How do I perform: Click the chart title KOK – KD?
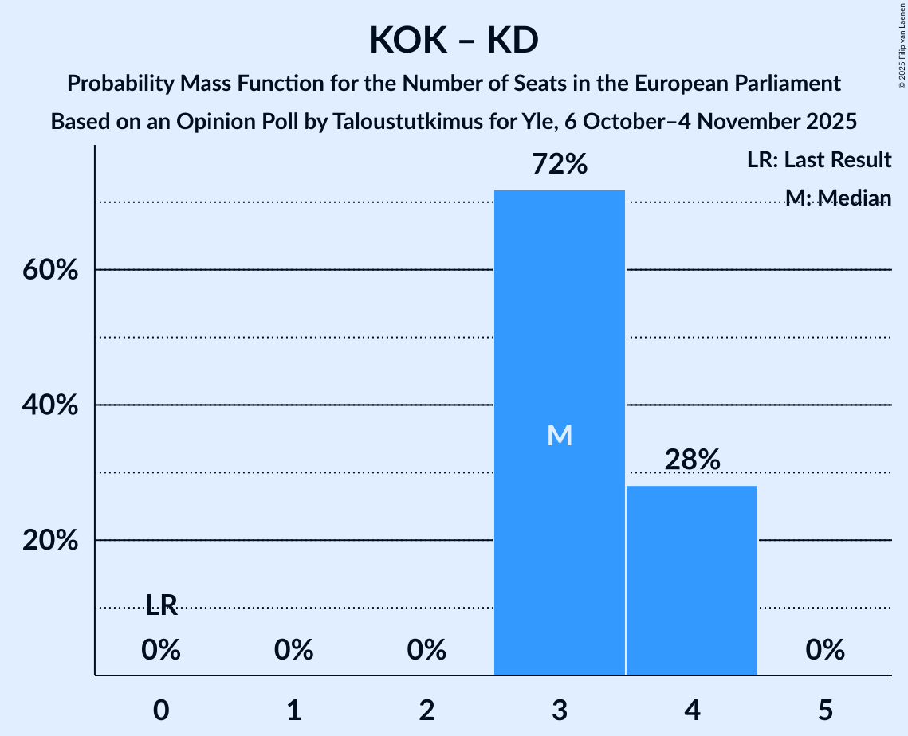(454, 41)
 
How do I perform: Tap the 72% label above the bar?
(560, 165)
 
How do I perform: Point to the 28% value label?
(692, 460)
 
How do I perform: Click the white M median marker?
(560, 435)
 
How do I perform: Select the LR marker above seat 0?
(161, 606)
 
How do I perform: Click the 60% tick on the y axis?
(49, 270)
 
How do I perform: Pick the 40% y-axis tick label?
(49, 405)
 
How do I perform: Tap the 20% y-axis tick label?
(49, 541)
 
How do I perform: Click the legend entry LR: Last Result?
(819, 160)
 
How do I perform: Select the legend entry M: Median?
(837, 197)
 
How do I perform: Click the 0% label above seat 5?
(825, 651)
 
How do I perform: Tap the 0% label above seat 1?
(294, 651)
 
